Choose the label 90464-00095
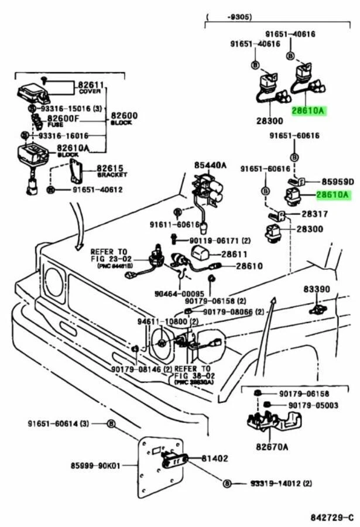[179, 294]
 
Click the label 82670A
[272, 447]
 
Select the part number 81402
[215, 458]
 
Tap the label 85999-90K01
[95, 466]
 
